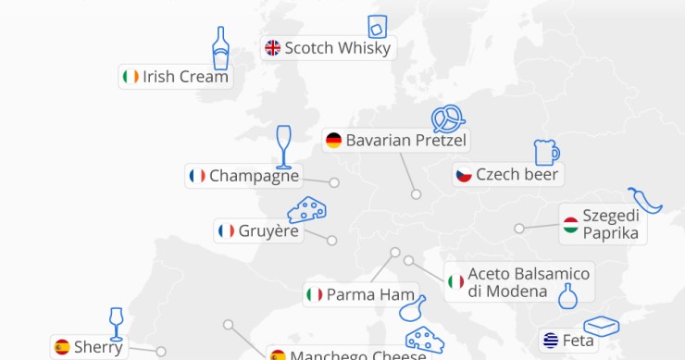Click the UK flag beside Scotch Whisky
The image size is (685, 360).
pos(272,48)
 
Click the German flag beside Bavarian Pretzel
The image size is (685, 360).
pos(333,141)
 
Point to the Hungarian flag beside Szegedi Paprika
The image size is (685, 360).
pos(571,224)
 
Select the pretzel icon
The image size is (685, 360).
pos(448,118)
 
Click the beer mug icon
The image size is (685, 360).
pos(546,153)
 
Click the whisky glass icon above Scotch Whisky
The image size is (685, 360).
pos(377,25)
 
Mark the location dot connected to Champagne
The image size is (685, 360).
pos(334,182)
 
